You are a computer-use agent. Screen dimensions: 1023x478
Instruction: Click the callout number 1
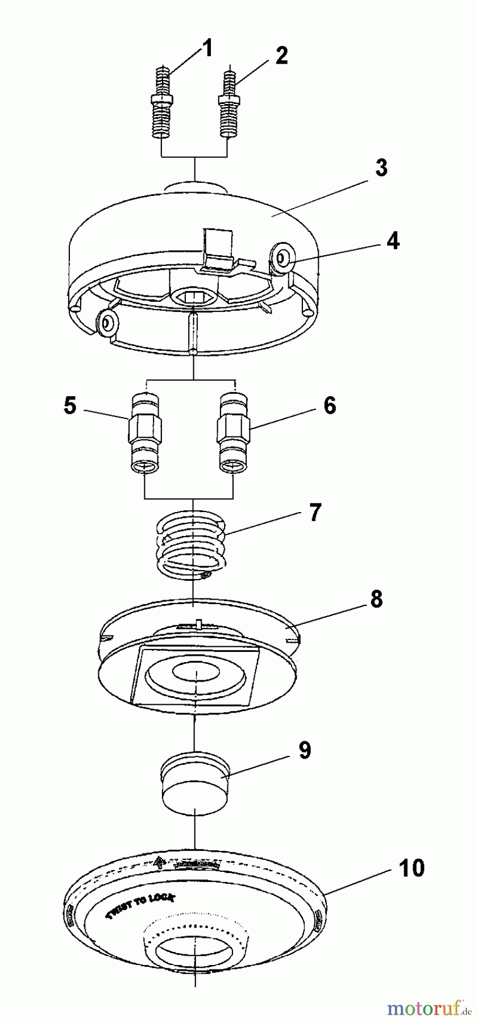click(x=207, y=49)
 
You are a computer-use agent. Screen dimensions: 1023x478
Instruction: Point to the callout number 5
click(x=70, y=406)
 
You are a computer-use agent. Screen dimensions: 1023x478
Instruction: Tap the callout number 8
click(x=376, y=599)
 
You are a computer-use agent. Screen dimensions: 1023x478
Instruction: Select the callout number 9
click(x=305, y=750)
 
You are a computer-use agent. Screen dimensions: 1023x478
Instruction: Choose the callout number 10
click(x=410, y=868)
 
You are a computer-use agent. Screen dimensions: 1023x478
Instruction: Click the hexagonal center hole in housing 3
click(x=193, y=296)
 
